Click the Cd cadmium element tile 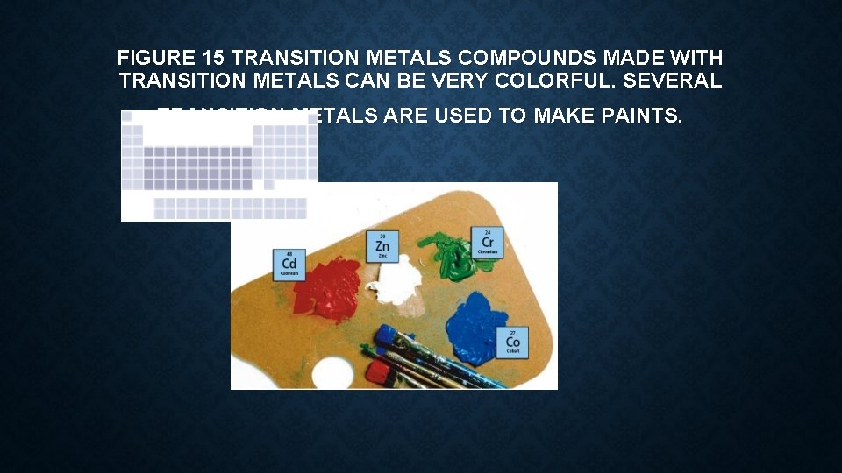tap(289, 264)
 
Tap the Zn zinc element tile tap(382, 246)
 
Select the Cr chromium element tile tap(487, 242)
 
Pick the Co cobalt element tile tap(513, 342)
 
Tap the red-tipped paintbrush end tap(378, 372)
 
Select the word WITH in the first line tap(696, 59)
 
